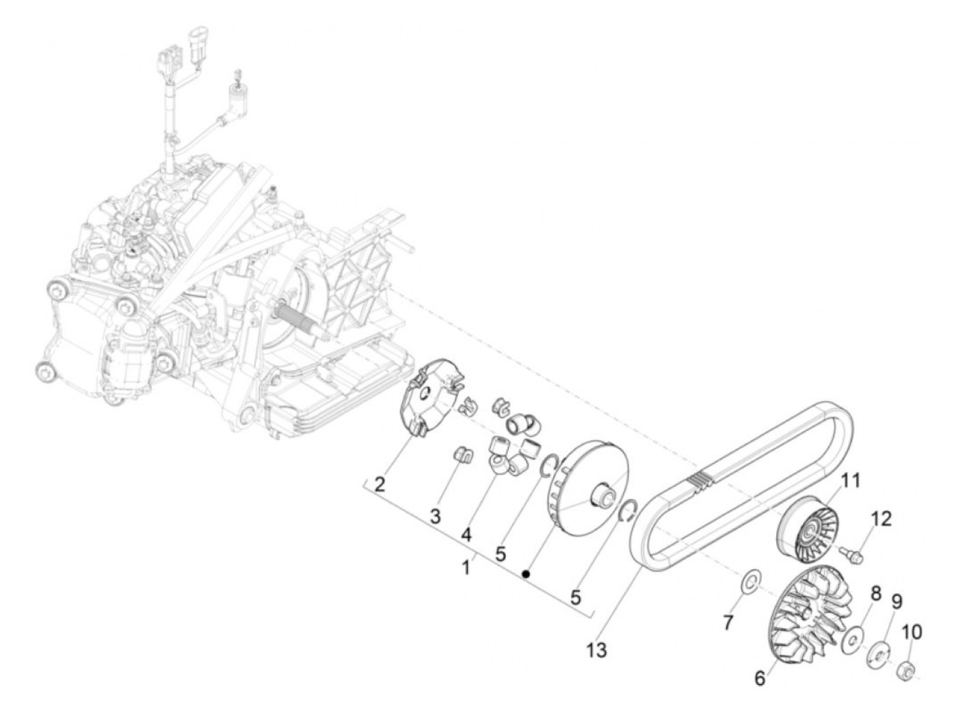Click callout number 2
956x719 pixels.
point(380,486)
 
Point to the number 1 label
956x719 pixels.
point(467,567)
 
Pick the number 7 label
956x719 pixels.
point(728,622)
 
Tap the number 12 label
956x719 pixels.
point(881,519)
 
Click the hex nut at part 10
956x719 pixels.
point(904,664)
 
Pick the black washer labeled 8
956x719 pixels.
point(851,640)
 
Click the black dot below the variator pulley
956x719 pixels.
point(526,573)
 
